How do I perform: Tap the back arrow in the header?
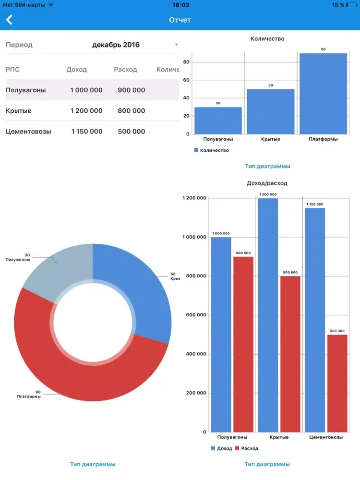click(x=9, y=20)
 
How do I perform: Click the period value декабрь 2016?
click(x=116, y=45)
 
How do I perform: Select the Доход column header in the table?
click(x=77, y=70)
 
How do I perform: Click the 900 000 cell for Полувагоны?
click(x=131, y=90)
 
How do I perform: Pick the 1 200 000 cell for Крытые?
click(x=86, y=111)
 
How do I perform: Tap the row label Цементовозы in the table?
click(x=28, y=132)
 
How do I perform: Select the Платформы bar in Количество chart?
click(x=323, y=94)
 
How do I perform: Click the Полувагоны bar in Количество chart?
click(x=218, y=120)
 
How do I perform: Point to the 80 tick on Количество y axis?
click(x=186, y=62)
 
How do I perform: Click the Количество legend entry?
click(x=212, y=150)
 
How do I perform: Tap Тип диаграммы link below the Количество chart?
click(x=267, y=167)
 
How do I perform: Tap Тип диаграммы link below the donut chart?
click(x=93, y=464)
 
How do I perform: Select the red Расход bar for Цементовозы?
click(x=337, y=384)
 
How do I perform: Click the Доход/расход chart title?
click(x=267, y=183)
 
